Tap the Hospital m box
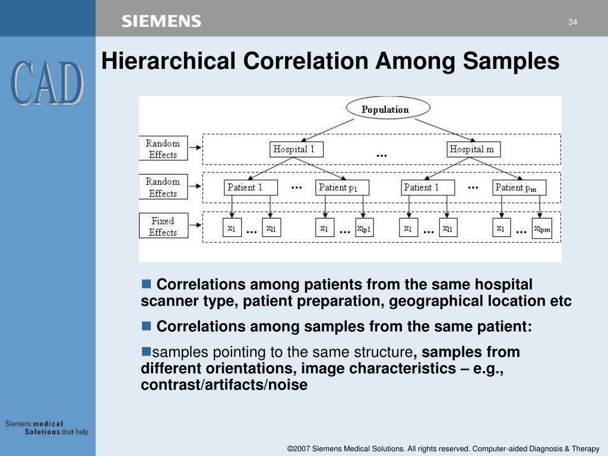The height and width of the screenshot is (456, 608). [x=473, y=150]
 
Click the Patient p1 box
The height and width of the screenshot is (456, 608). [x=341, y=188]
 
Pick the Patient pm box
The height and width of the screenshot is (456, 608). [x=519, y=188]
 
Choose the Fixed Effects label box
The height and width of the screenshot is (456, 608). [x=163, y=226]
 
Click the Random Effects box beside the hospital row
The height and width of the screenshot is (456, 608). [x=163, y=148]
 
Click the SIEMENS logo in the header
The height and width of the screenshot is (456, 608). [x=161, y=22]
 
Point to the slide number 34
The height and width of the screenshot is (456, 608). [x=572, y=23]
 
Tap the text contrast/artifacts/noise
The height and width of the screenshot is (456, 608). [x=224, y=385]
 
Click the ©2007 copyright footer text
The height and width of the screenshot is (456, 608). [x=443, y=448]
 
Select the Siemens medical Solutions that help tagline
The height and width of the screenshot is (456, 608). [x=46, y=427]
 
